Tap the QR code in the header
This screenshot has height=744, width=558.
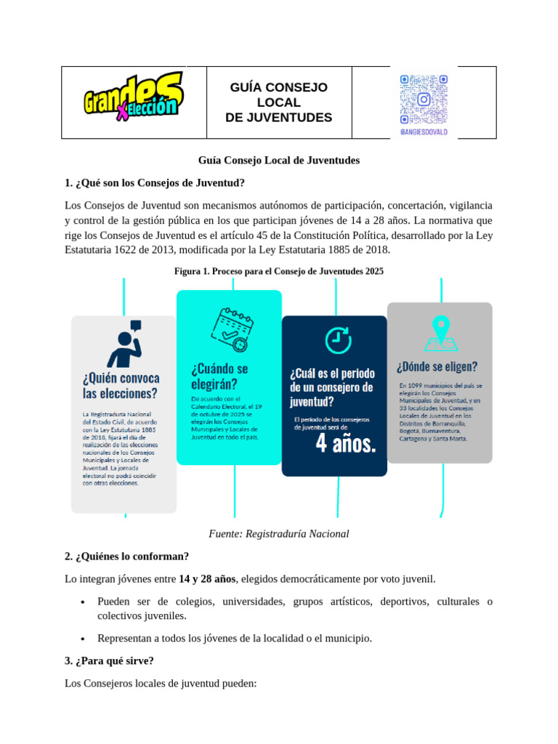point(424,99)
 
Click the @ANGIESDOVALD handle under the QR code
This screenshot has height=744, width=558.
point(424,132)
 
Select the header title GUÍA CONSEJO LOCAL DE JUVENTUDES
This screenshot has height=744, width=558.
point(279,102)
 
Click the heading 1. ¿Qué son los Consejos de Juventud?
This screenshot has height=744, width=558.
point(155,182)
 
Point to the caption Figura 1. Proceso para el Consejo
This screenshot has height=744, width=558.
point(278,271)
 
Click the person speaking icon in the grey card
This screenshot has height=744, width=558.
point(124,344)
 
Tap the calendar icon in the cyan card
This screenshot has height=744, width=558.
point(230,329)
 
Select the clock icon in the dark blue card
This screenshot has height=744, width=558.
point(336,340)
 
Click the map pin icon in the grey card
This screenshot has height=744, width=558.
point(440,333)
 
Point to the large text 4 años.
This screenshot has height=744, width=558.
point(346,444)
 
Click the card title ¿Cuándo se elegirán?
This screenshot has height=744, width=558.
point(219,376)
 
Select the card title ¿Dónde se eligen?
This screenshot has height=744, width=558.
point(437,366)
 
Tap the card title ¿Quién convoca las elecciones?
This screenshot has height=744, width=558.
point(121,386)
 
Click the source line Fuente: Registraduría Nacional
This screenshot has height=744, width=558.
point(278,534)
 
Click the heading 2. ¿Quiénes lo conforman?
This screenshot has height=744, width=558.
point(126,557)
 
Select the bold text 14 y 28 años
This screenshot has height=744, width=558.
point(207,579)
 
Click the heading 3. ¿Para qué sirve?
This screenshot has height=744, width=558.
point(109,661)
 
